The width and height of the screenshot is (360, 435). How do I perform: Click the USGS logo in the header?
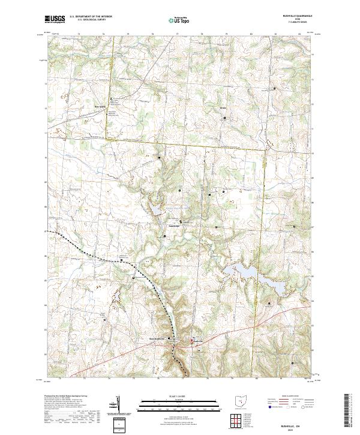pyautogui.click(x=55, y=19)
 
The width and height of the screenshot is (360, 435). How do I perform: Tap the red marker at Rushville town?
pyautogui.click(x=192, y=341)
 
